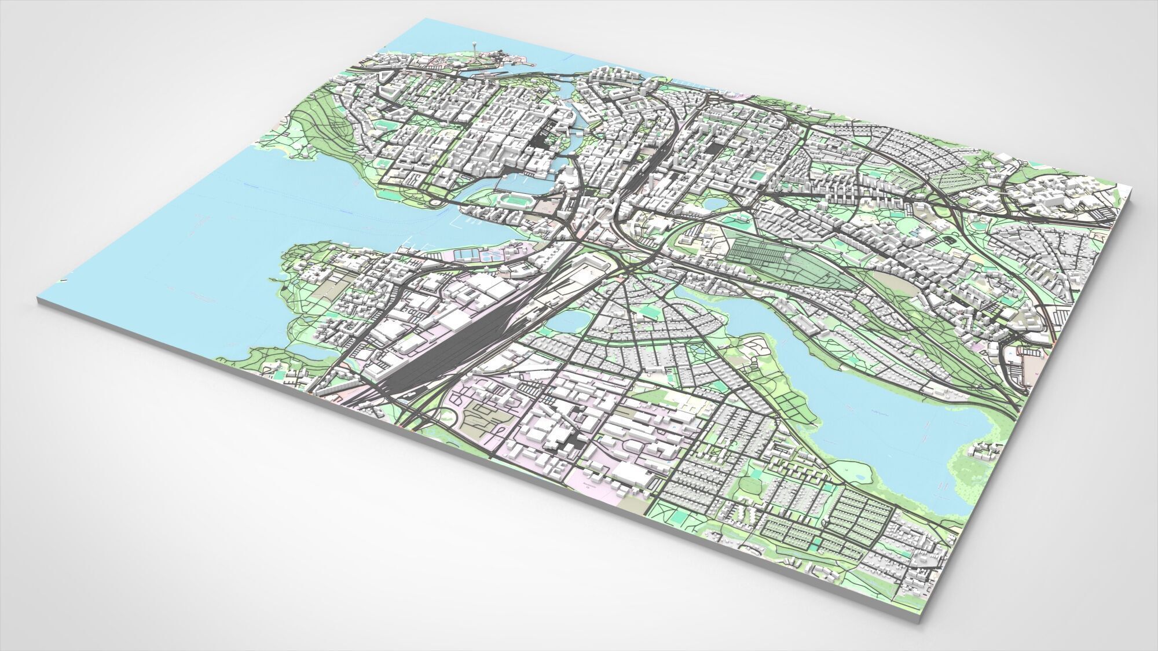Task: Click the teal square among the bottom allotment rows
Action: coord(816,545)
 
